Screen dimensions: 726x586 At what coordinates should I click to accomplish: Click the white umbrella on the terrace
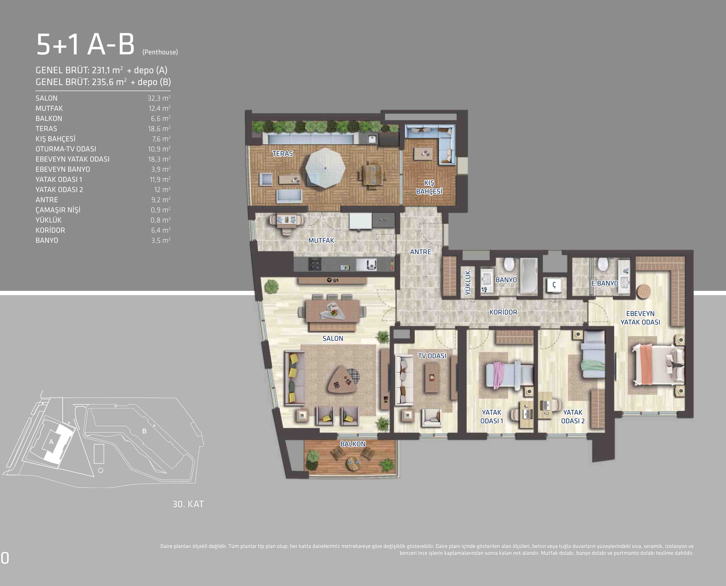click(325, 168)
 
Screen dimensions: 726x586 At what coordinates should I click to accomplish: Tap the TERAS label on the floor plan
click(283, 154)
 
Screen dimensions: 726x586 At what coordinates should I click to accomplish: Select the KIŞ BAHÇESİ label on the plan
click(429, 187)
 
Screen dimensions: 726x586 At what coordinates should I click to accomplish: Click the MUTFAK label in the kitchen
click(321, 240)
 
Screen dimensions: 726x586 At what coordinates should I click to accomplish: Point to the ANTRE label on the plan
click(421, 252)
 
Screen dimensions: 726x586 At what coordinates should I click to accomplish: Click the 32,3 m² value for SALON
click(159, 98)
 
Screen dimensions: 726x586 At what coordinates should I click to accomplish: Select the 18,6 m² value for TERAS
click(159, 129)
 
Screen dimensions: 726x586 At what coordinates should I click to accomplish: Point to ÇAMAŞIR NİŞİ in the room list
click(58, 210)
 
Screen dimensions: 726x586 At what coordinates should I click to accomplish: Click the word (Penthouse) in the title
click(160, 52)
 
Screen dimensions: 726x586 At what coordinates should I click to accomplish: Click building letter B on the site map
click(144, 431)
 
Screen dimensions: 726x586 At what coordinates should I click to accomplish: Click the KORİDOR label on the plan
click(503, 312)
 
